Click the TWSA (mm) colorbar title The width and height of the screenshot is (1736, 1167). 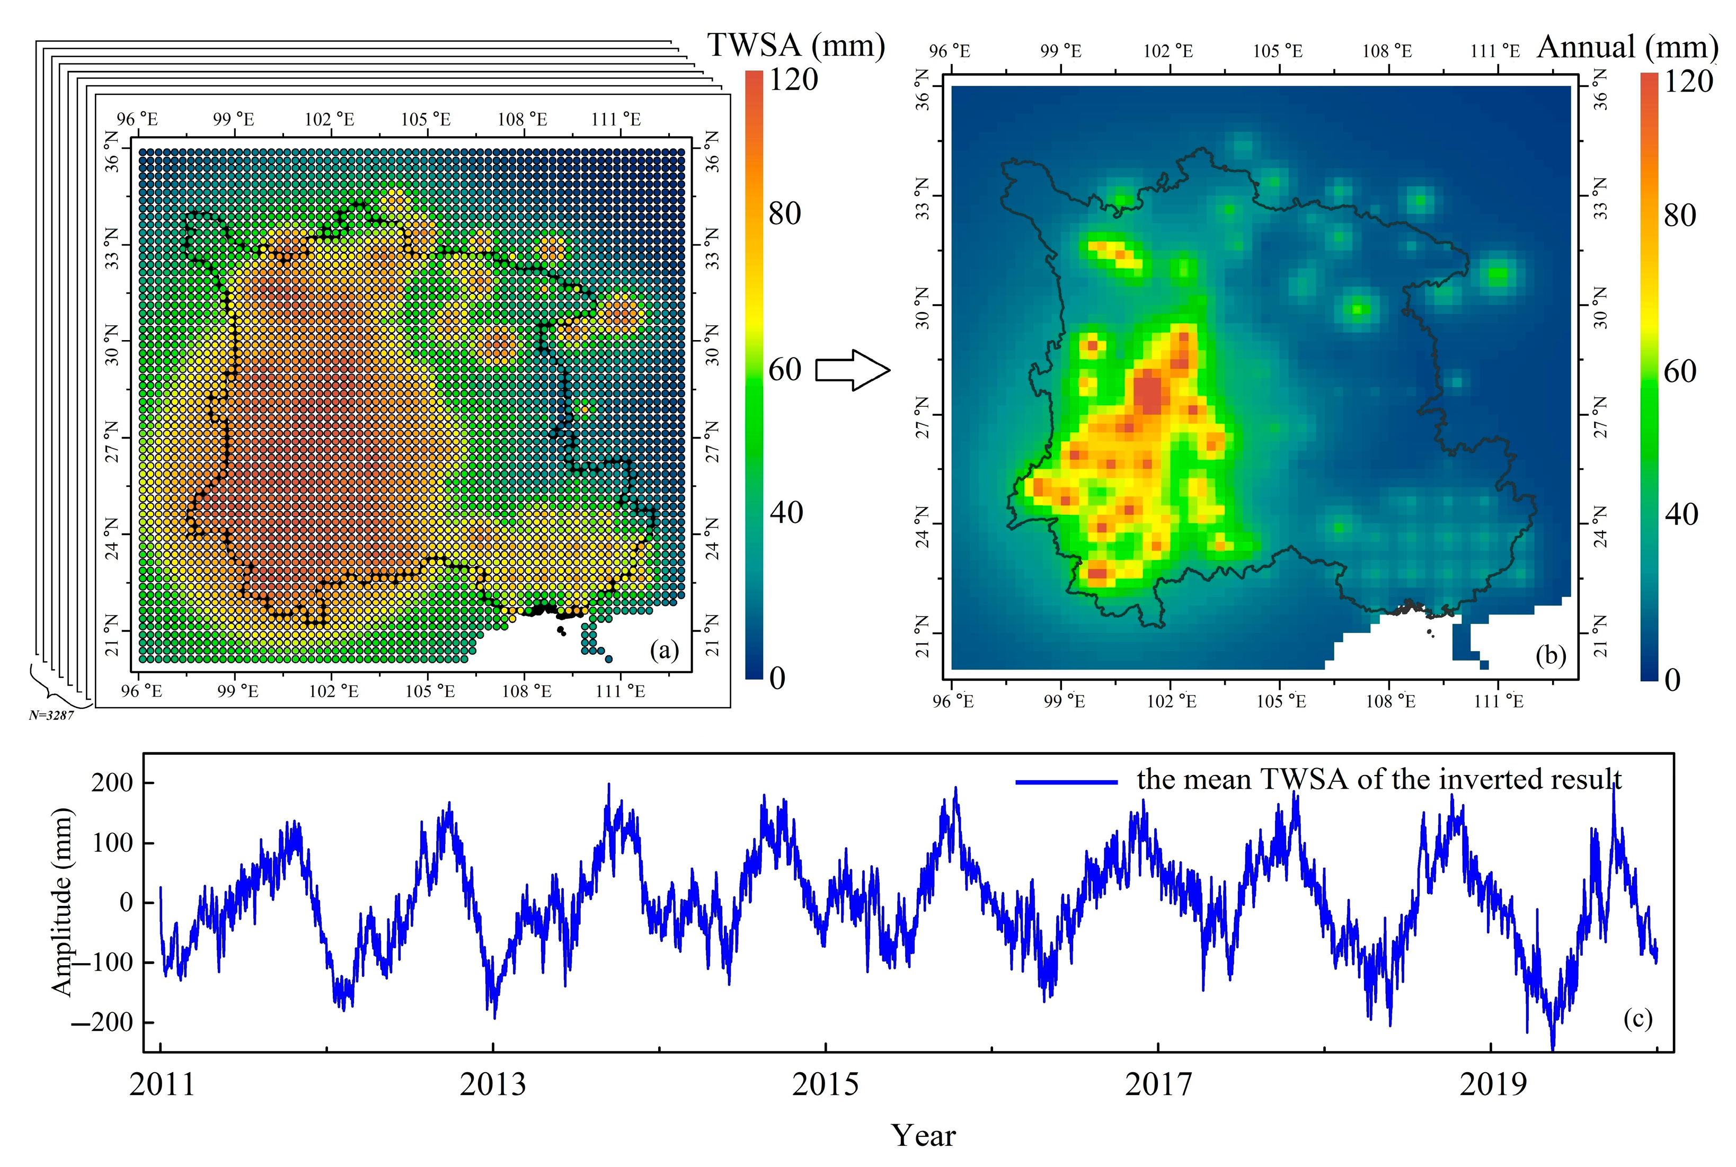click(x=795, y=46)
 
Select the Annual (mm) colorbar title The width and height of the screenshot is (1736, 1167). click(x=1626, y=48)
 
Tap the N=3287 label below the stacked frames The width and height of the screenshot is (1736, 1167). click(x=51, y=715)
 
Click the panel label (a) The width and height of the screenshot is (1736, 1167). click(x=664, y=651)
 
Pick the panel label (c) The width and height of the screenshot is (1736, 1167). click(x=1637, y=1018)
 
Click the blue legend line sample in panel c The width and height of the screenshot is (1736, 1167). click(x=1066, y=781)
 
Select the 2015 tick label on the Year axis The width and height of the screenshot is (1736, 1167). click(x=825, y=1085)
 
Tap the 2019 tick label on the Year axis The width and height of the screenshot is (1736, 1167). click(x=1492, y=1085)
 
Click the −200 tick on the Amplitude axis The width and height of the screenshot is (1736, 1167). click(x=101, y=1022)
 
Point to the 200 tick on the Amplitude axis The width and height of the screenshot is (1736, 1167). click(x=112, y=783)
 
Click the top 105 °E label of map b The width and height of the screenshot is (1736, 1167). click(x=1278, y=51)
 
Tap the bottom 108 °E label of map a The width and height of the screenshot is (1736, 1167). click(x=526, y=691)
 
